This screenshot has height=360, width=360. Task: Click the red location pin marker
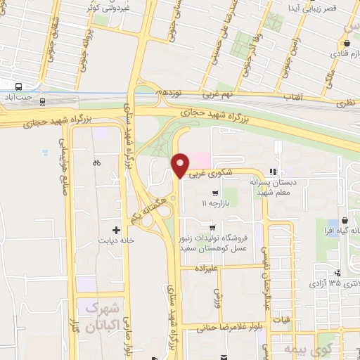[x=181, y=165]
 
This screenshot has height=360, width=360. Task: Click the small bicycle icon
[x=96, y=163]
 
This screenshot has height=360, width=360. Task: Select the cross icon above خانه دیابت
[x=117, y=229]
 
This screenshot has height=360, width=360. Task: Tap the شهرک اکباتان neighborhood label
[x=105, y=317]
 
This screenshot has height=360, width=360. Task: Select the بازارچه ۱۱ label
[x=216, y=203]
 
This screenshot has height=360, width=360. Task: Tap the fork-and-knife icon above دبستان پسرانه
[x=272, y=172]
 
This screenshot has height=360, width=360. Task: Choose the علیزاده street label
[x=200, y=267]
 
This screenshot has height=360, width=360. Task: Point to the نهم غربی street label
[x=180, y=94]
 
